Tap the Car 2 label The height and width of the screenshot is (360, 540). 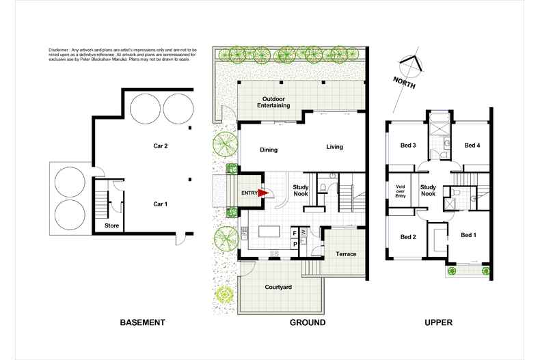[x=161, y=146]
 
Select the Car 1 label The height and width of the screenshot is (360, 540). [x=161, y=203]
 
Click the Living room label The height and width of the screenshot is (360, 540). [x=334, y=147]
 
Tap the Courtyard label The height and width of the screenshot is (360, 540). [x=279, y=288]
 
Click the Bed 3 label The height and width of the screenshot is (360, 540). [x=408, y=144]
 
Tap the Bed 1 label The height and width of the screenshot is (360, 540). [x=469, y=236]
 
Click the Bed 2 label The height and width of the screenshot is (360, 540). [x=408, y=237]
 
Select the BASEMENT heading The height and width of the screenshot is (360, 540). [x=143, y=322]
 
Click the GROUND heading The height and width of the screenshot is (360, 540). [x=307, y=322]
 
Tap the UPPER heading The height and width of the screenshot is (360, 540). [x=438, y=322]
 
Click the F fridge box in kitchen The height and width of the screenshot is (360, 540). [x=295, y=232]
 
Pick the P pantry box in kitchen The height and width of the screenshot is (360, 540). [x=295, y=243]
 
